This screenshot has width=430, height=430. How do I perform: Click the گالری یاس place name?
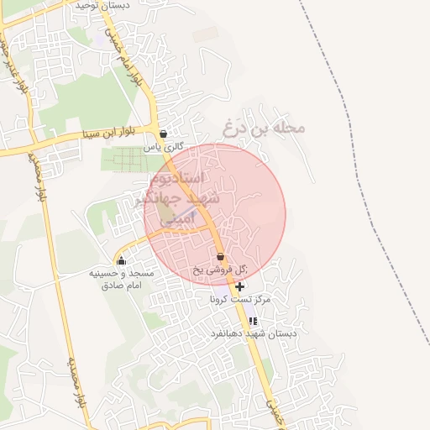tap(162, 146)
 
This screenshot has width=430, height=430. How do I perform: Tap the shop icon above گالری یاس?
tap(163, 134)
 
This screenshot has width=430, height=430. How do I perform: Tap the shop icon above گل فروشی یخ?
tap(220, 257)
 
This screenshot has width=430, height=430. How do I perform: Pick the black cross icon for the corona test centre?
tap(241, 287)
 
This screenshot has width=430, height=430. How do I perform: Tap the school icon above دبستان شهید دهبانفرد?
tap(253, 321)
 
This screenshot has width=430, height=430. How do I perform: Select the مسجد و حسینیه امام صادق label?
tap(121, 280)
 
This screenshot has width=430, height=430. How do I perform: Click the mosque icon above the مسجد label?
tap(121, 260)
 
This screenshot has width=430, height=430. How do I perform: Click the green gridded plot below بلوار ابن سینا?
tap(128, 158)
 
